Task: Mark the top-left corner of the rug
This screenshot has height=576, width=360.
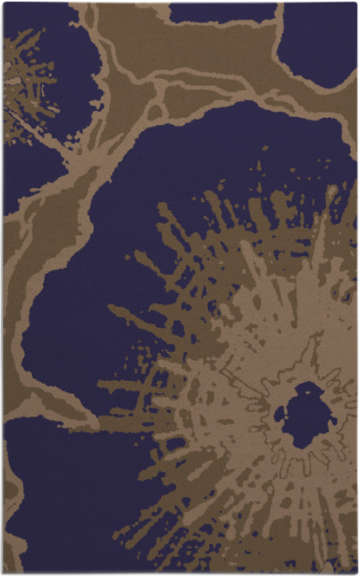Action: (x=3, y=3)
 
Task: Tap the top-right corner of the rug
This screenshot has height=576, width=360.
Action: (x=356, y=3)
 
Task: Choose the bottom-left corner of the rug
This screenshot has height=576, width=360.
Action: (x=3, y=572)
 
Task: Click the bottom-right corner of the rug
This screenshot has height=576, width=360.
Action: (x=356, y=572)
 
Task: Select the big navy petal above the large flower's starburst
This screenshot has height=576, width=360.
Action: (x=179, y=206)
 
